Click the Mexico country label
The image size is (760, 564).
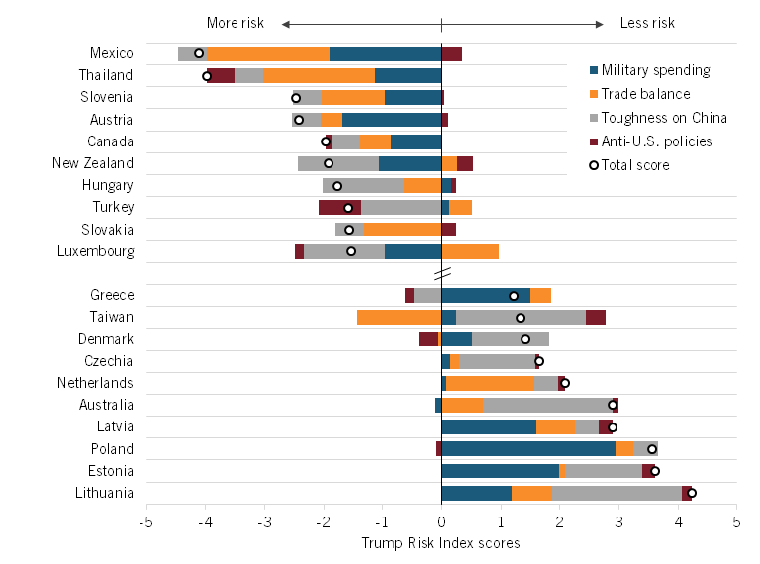click(111, 53)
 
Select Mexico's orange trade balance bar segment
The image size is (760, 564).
click(268, 53)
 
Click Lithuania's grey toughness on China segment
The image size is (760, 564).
click(617, 492)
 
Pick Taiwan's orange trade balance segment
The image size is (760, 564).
click(399, 318)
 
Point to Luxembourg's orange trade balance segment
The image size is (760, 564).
click(470, 251)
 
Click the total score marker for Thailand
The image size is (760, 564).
click(207, 76)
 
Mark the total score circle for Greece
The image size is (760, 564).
click(514, 296)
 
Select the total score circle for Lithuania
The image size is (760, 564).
click(692, 492)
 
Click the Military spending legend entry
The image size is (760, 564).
click(655, 70)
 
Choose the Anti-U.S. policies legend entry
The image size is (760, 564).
click(656, 141)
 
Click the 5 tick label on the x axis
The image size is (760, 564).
click(736, 521)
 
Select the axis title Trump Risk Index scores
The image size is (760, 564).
click(440, 543)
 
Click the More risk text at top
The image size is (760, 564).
click(237, 23)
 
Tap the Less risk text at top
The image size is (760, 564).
click(647, 23)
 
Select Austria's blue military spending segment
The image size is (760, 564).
click(392, 120)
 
